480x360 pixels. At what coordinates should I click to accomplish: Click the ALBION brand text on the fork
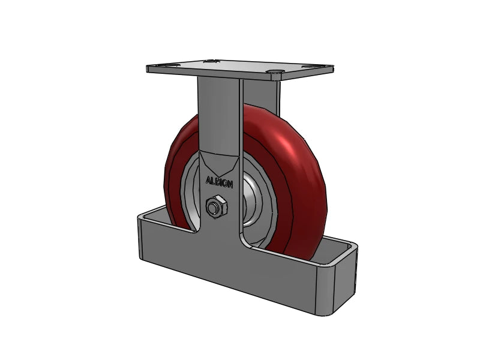pos(220,181)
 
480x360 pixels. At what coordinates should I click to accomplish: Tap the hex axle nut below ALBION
pos(215,208)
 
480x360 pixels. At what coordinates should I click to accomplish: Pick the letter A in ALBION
pos(208,180)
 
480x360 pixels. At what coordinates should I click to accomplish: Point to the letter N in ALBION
pos(232,183)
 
